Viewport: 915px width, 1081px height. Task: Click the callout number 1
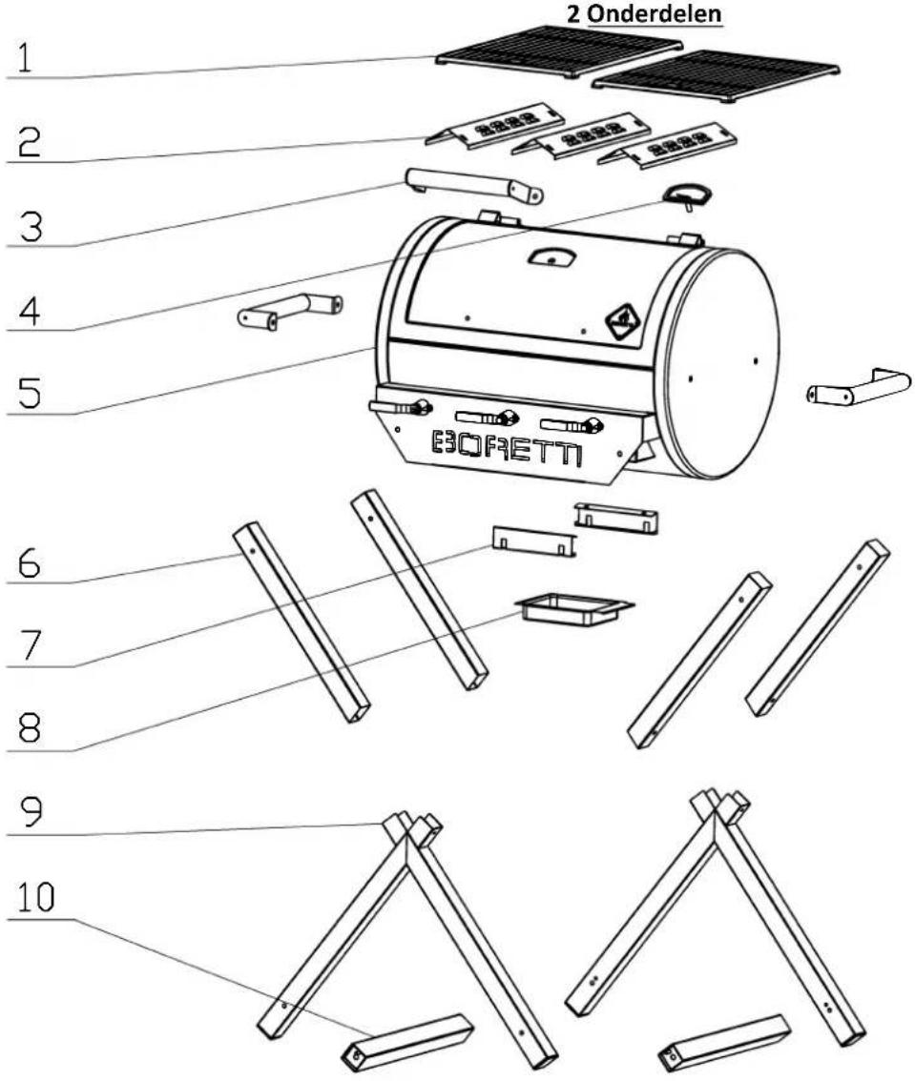25,58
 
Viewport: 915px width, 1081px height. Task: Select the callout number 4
29,311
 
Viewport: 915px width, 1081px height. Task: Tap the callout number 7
30,645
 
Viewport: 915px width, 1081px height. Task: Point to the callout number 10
36,897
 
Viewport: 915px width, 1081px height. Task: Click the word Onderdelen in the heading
655,13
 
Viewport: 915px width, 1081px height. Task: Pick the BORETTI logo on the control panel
507,448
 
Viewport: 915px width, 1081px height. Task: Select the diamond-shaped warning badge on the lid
625,322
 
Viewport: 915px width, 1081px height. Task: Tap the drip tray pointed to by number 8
574,609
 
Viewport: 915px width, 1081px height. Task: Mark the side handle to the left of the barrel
289,311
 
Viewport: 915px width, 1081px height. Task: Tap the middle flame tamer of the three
581,135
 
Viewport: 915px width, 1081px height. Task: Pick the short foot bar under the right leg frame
724,1041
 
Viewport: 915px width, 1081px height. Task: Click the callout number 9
29,811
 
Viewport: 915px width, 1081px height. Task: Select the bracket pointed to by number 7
533,541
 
